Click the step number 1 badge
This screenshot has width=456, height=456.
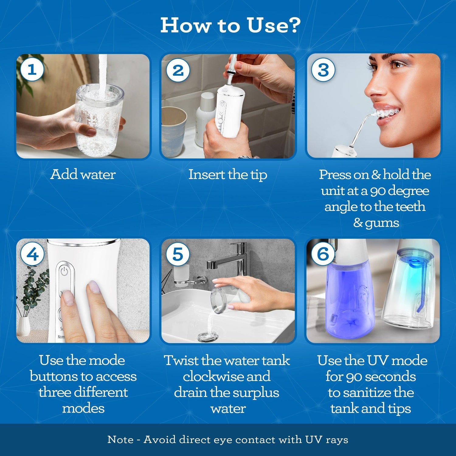[32, 70]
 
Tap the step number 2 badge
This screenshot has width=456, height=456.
[178, 70]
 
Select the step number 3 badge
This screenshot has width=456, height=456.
[323, 70]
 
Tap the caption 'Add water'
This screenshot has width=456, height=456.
[83, 174]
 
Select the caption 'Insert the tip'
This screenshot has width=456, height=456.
[228, 175]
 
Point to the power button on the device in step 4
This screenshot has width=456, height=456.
[64, 271]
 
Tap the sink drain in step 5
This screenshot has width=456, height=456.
[207, 336]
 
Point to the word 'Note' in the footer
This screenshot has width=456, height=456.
[120, 440]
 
